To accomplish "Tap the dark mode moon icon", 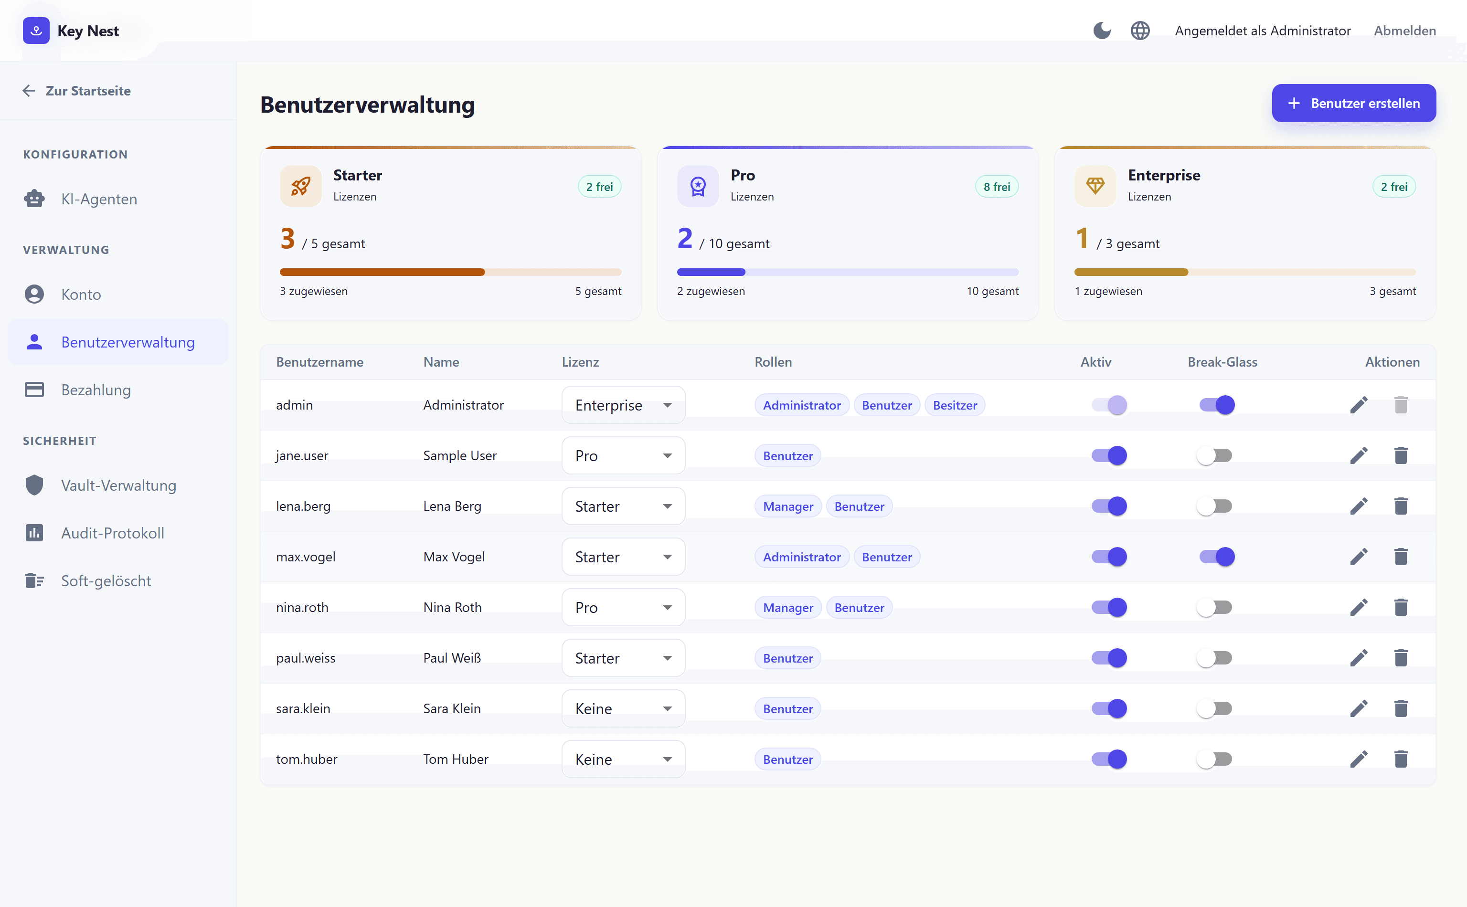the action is click(x=1102, y=31).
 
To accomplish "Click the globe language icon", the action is click(x=1140, y=31).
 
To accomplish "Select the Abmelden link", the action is click(x=1404, y=31).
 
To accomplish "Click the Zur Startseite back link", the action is click(x=77, y=91).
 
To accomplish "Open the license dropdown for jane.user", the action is click(x=623, y=456).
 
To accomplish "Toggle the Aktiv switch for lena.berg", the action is click(x=1109, y=506).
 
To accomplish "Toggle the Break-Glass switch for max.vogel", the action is click(x=1217, y=557).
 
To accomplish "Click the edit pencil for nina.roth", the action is click(x=1359, y=608).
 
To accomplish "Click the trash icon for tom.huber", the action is click(x=1401, y=759).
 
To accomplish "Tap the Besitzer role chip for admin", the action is click(x=955, y=405).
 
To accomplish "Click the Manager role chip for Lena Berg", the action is click(x=788, y=507).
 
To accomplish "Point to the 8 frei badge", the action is click(x=997, y=187).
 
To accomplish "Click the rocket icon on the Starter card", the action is click(x=300, y=186).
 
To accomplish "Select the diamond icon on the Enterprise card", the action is click(x=1095, y=186).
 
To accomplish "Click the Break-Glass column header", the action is click(x=1222, y=362).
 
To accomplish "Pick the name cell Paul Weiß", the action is click(x=452, y=658).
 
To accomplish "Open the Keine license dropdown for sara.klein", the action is click(x=623, y=709).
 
